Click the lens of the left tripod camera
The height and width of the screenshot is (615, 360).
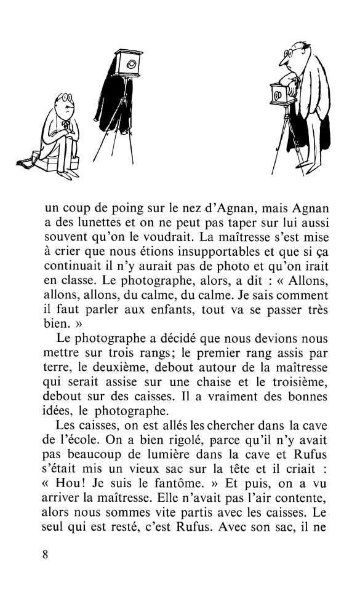coord(132,63)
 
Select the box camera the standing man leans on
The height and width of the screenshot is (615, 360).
coord(279,94)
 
